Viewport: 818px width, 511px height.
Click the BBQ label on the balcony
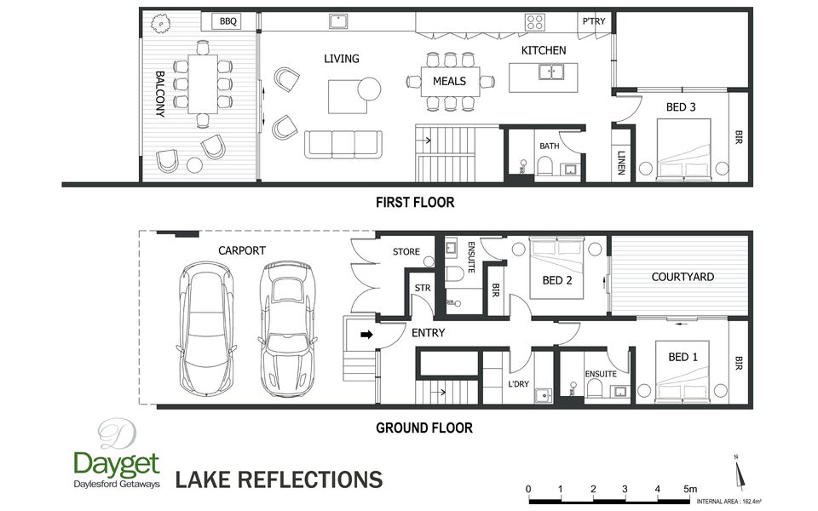228,21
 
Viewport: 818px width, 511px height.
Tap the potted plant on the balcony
161,24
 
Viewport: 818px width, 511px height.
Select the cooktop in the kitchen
535,22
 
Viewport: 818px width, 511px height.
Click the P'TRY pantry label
594,21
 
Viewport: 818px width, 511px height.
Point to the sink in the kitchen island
551,72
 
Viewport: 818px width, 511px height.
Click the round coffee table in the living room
369,89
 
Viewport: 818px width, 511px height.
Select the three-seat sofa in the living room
343,145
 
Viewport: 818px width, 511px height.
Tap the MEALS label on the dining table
449,82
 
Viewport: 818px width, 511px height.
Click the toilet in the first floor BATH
544,167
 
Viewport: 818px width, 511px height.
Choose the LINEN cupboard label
621,163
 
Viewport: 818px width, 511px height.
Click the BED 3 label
681,107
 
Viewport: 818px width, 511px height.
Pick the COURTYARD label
683,277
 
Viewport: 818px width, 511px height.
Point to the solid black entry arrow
366,334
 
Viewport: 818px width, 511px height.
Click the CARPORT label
241,250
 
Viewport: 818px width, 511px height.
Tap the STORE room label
406,252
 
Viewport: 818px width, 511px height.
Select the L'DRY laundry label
518,384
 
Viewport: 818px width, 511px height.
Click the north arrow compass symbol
739,473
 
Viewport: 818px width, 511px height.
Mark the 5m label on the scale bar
690,489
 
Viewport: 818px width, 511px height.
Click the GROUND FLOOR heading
424,428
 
